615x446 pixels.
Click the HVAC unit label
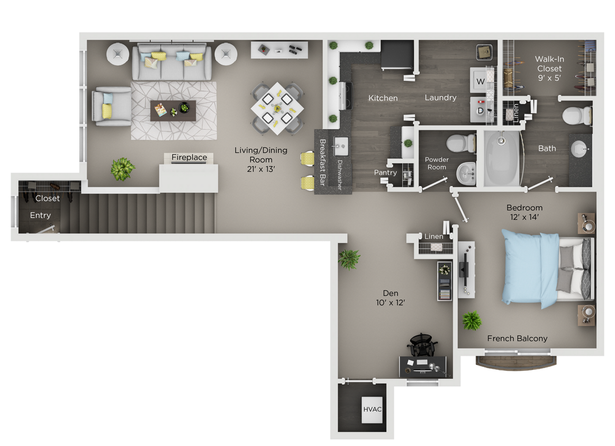pyautogui.click(x=373, y=409)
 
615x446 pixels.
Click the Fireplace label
pyautogui.click(x=189, y=157)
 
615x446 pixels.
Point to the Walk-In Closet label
pyautogui.click(x=549, y=69)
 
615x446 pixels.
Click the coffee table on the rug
pyautogui.click(x=173, y=110)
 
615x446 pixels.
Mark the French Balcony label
pyautogui.click(x=517, y=338)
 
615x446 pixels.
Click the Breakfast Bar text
pyautogui.click(x=322, y=162)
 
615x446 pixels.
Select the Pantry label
pyautogui.click(x=385, y=172)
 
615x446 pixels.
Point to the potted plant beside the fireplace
pyautogui.click(x=123, y=168)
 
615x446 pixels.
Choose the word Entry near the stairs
pyautogui.click(x=40, y=215)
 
